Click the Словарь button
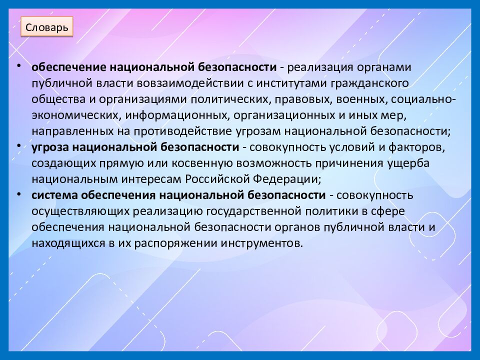[47, 26]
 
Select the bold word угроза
[50, 147]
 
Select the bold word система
[52, 195]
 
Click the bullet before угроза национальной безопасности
[18, 145]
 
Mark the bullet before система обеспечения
[18, 193]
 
